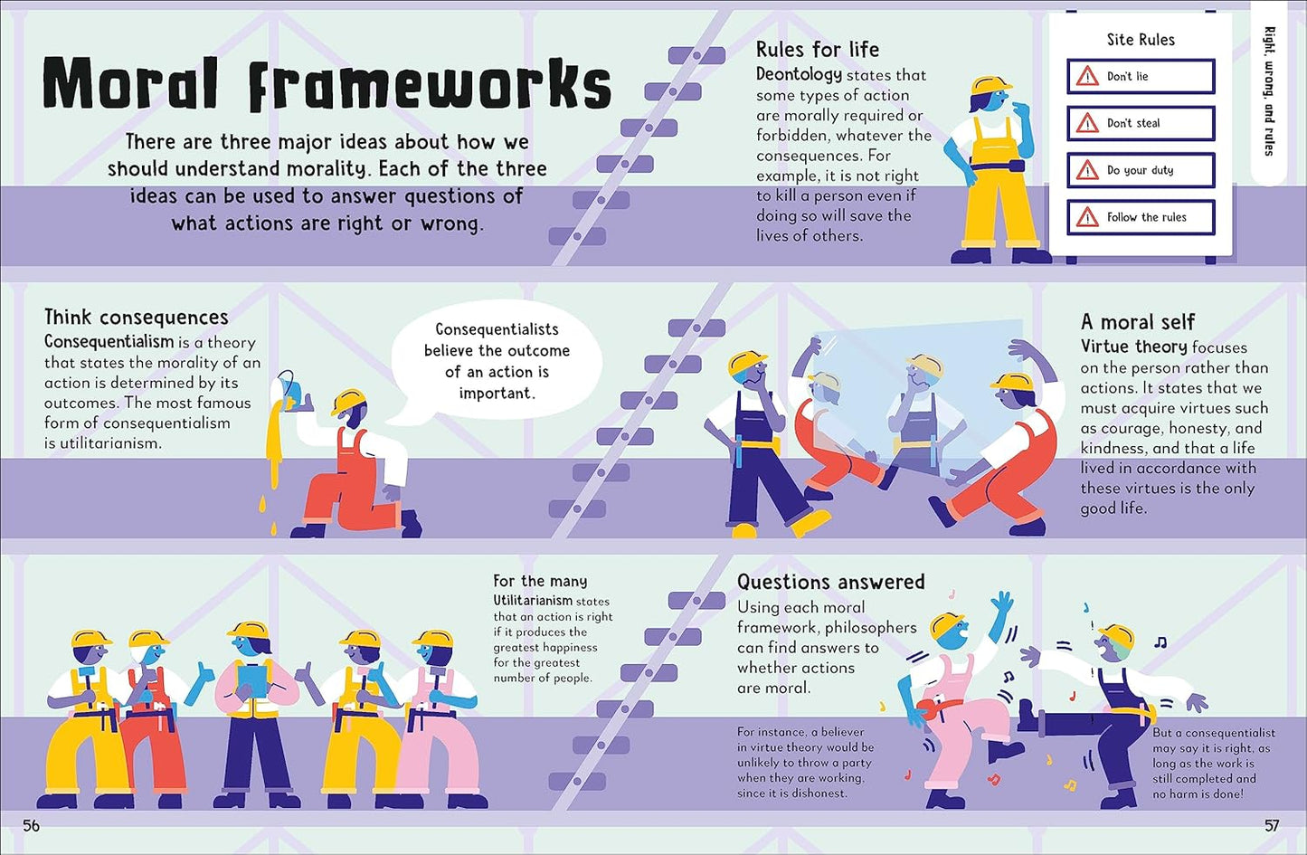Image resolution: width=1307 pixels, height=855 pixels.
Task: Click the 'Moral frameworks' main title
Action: click(327, 84)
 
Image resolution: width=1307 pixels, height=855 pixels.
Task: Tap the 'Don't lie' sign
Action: click(1141, 77)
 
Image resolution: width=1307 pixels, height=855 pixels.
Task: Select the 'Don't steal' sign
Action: click(1141, 123)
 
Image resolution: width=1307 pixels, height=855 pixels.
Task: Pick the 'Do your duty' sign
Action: click(1141, 170)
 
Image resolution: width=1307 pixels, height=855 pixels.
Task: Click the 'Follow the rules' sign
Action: click(1141, 217)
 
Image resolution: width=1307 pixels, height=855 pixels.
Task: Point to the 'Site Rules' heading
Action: click(1141, 40)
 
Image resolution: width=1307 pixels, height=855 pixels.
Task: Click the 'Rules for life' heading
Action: click(817, 50)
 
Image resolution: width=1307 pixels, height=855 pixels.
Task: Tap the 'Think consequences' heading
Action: click(136, 318)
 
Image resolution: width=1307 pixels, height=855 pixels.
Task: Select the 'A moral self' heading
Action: click(1137, 322)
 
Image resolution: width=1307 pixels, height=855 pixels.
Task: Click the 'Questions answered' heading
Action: click(830, 582)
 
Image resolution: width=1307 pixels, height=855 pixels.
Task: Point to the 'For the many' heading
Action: click(540, 581)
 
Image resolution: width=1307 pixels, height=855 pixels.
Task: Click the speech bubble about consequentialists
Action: click(497, 361)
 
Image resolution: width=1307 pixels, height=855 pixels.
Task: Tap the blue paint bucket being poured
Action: click(289, 390)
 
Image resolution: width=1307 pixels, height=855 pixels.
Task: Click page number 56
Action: click(31, 825)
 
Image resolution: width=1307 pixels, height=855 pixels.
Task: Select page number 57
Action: click(1272, 825)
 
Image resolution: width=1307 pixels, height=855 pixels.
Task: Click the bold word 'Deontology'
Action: click(799, 74)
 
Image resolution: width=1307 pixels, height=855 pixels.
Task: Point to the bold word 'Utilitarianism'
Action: click(533, 601)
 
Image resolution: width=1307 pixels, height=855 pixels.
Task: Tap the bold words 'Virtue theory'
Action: click(1133, 347)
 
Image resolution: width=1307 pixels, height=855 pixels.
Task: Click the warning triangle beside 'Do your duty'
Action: click(1087, 170)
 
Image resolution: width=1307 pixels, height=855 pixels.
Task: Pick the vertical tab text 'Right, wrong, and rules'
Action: click(1269, 90)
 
